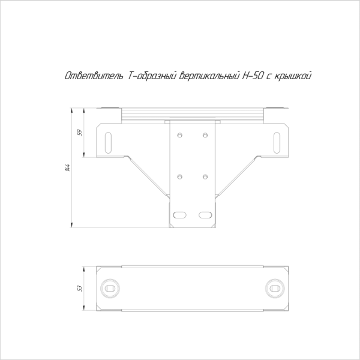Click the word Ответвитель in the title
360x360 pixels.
[94, 76]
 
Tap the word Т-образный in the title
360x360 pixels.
[152, 76]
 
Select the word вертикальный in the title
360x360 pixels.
[209, 76]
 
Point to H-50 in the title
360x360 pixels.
[253, 76]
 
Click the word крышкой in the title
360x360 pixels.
[293, 76]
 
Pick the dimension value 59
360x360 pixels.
[80, 133]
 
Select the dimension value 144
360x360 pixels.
[67, 168]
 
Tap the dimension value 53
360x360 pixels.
[80, 289]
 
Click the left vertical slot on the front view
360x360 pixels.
[108, 143]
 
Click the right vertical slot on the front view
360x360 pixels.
[277, 143]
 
